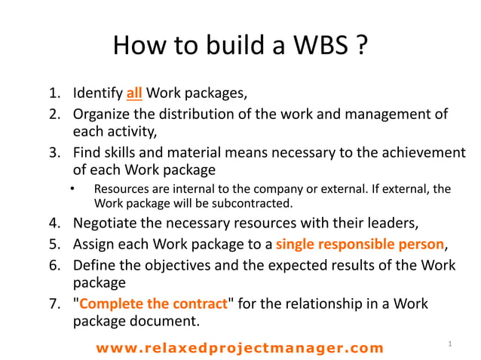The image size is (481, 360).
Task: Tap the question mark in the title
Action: (361, 47)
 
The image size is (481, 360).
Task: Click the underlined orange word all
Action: (134, 94)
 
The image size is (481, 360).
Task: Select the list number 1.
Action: (54, 94)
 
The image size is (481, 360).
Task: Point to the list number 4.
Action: (54, 224)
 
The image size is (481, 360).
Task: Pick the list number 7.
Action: (54, 304)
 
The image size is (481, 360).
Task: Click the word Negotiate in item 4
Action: (106, 224)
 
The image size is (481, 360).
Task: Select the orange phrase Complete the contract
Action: (154, 304)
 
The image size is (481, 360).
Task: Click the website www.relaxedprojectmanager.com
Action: (239, 347)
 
